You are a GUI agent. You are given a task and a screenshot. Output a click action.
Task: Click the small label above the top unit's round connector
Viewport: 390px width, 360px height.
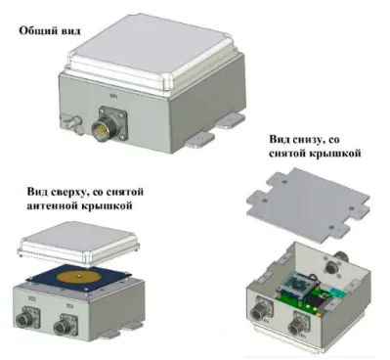tap(114, 97)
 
